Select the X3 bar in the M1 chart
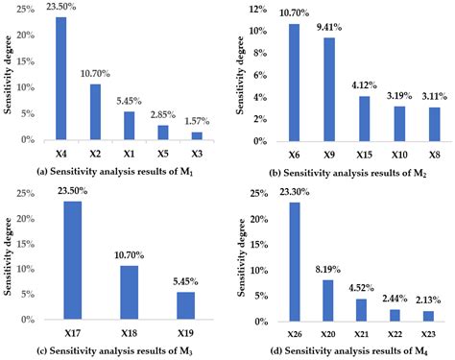(x=203, y=135)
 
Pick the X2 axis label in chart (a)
(x=96, y=152)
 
